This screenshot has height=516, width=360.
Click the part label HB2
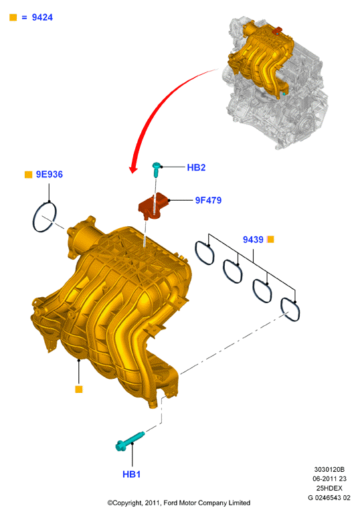coord(196,167)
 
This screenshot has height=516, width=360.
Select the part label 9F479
coord(208,200)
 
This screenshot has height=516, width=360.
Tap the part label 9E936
coord(50,175)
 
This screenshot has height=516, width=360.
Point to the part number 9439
coord(253,240)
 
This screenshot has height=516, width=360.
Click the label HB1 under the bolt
coord(131,475)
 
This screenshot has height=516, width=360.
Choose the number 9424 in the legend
coord(42,17)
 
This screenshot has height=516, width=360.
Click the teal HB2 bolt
coord(157,169)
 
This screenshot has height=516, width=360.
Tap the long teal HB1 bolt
coord(130,441)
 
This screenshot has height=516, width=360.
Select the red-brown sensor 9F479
coord(154,207)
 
